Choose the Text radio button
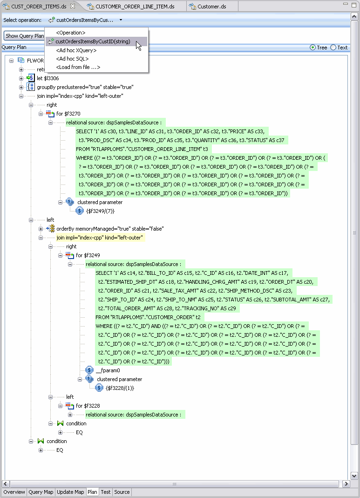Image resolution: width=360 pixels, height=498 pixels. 333,48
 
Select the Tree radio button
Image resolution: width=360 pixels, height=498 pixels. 312,48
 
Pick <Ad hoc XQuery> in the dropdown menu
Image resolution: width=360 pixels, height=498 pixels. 76,50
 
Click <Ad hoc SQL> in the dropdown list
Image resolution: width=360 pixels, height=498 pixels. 72,59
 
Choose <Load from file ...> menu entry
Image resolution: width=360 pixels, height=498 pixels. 78,67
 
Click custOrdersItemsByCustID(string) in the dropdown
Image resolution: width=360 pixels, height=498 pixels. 93,42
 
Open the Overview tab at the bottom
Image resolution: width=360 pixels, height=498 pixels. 14,492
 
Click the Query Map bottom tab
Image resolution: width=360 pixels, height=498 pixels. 41,492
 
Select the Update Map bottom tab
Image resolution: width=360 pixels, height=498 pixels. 70,492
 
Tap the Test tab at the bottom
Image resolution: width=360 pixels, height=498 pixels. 106,492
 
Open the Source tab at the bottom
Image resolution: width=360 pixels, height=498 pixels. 122,492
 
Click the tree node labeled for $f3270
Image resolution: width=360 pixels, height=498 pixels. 68,114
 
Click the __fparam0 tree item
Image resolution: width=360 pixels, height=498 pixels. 108,370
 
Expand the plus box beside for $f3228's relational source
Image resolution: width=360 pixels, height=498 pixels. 70,415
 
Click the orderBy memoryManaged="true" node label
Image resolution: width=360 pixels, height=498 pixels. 110,229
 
